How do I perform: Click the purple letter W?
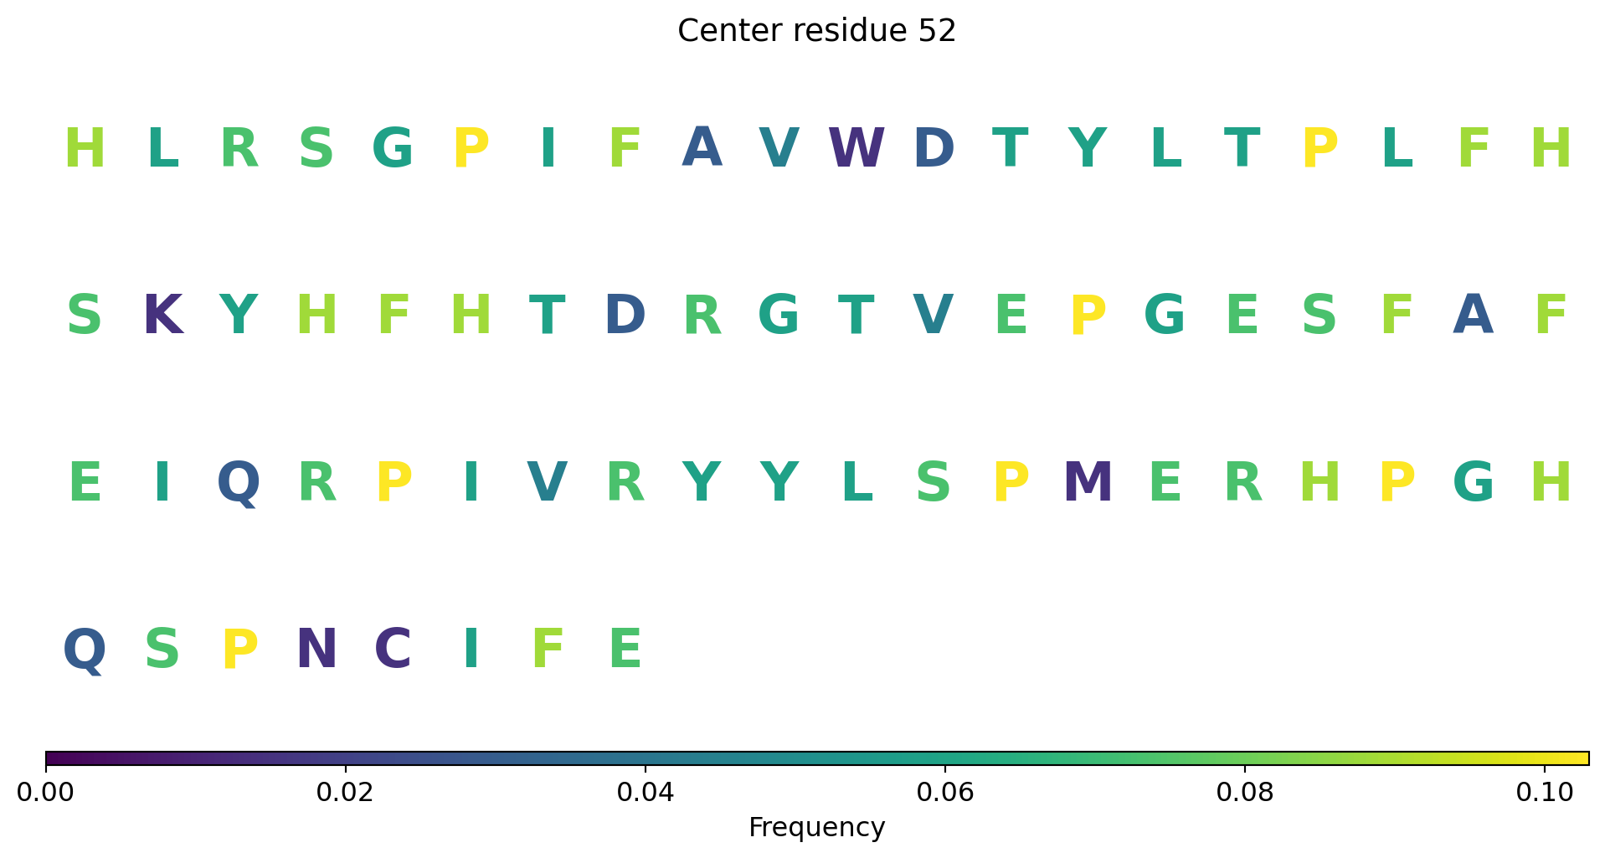click(x=856, y=149)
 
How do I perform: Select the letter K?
click(x=162, y=316)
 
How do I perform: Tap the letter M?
click(x=1088, y=484)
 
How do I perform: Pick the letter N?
click(x=316, y=650)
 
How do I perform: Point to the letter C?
click(x=393, y=650)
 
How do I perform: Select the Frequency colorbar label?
click(x=816, y=827)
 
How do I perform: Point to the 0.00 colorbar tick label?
click(x=46, y=792)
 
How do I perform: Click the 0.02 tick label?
click(x=346, y=792)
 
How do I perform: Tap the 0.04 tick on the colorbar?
click(x=646, y=792)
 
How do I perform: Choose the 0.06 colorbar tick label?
click(x=945, y=792)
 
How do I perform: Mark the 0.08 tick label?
click(x=1245, y=792)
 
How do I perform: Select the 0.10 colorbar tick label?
click(x=1545, y=792)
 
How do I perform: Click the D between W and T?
click(x=934, y=149)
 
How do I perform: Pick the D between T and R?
click(x=625, y=316)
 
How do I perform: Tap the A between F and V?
click(x=702, y=149)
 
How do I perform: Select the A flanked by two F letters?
click(x=1474, y=316)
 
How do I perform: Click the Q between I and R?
click(x=239, y=485)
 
